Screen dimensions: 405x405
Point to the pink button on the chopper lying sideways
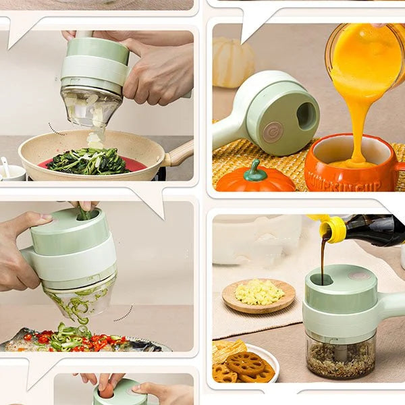[x=273, y=132]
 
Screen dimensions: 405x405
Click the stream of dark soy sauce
[x=322, y=260]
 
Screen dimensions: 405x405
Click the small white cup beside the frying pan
[x=11, y=171]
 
